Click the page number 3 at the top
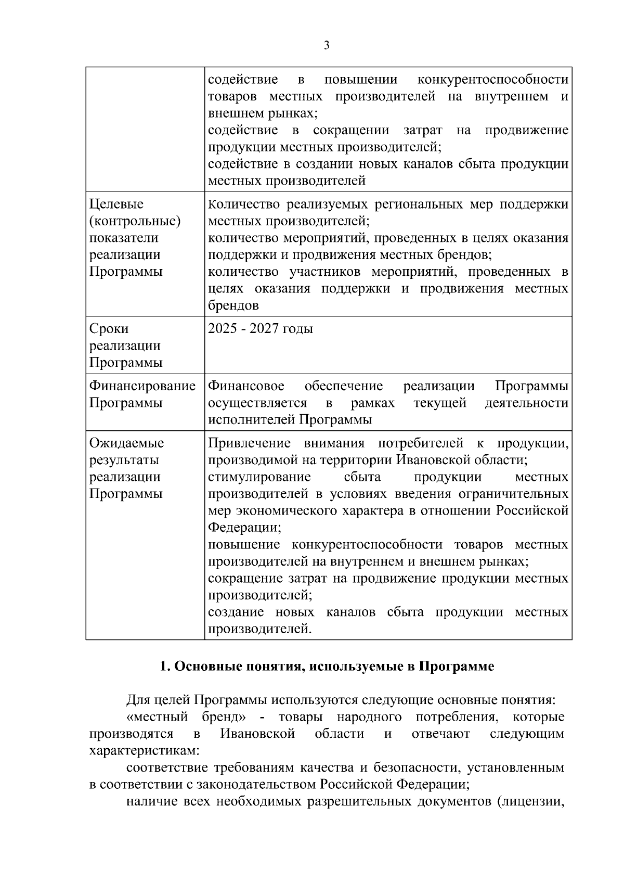[x=327, y=46]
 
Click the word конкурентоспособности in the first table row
[x=492, y=80]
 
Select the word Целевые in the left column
[x=116, y=204]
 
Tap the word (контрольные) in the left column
[x=135, y=221]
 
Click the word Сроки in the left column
[x=109, y=329]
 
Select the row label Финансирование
[x=142, y=386]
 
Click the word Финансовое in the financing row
[x=246, y=386]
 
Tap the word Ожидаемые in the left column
[x=126, y=443]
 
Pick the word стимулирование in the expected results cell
[x=259, y=477]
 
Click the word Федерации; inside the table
[x=244, y=528]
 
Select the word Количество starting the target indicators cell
[x=244, y=204]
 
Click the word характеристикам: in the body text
[x=141, y=751]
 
